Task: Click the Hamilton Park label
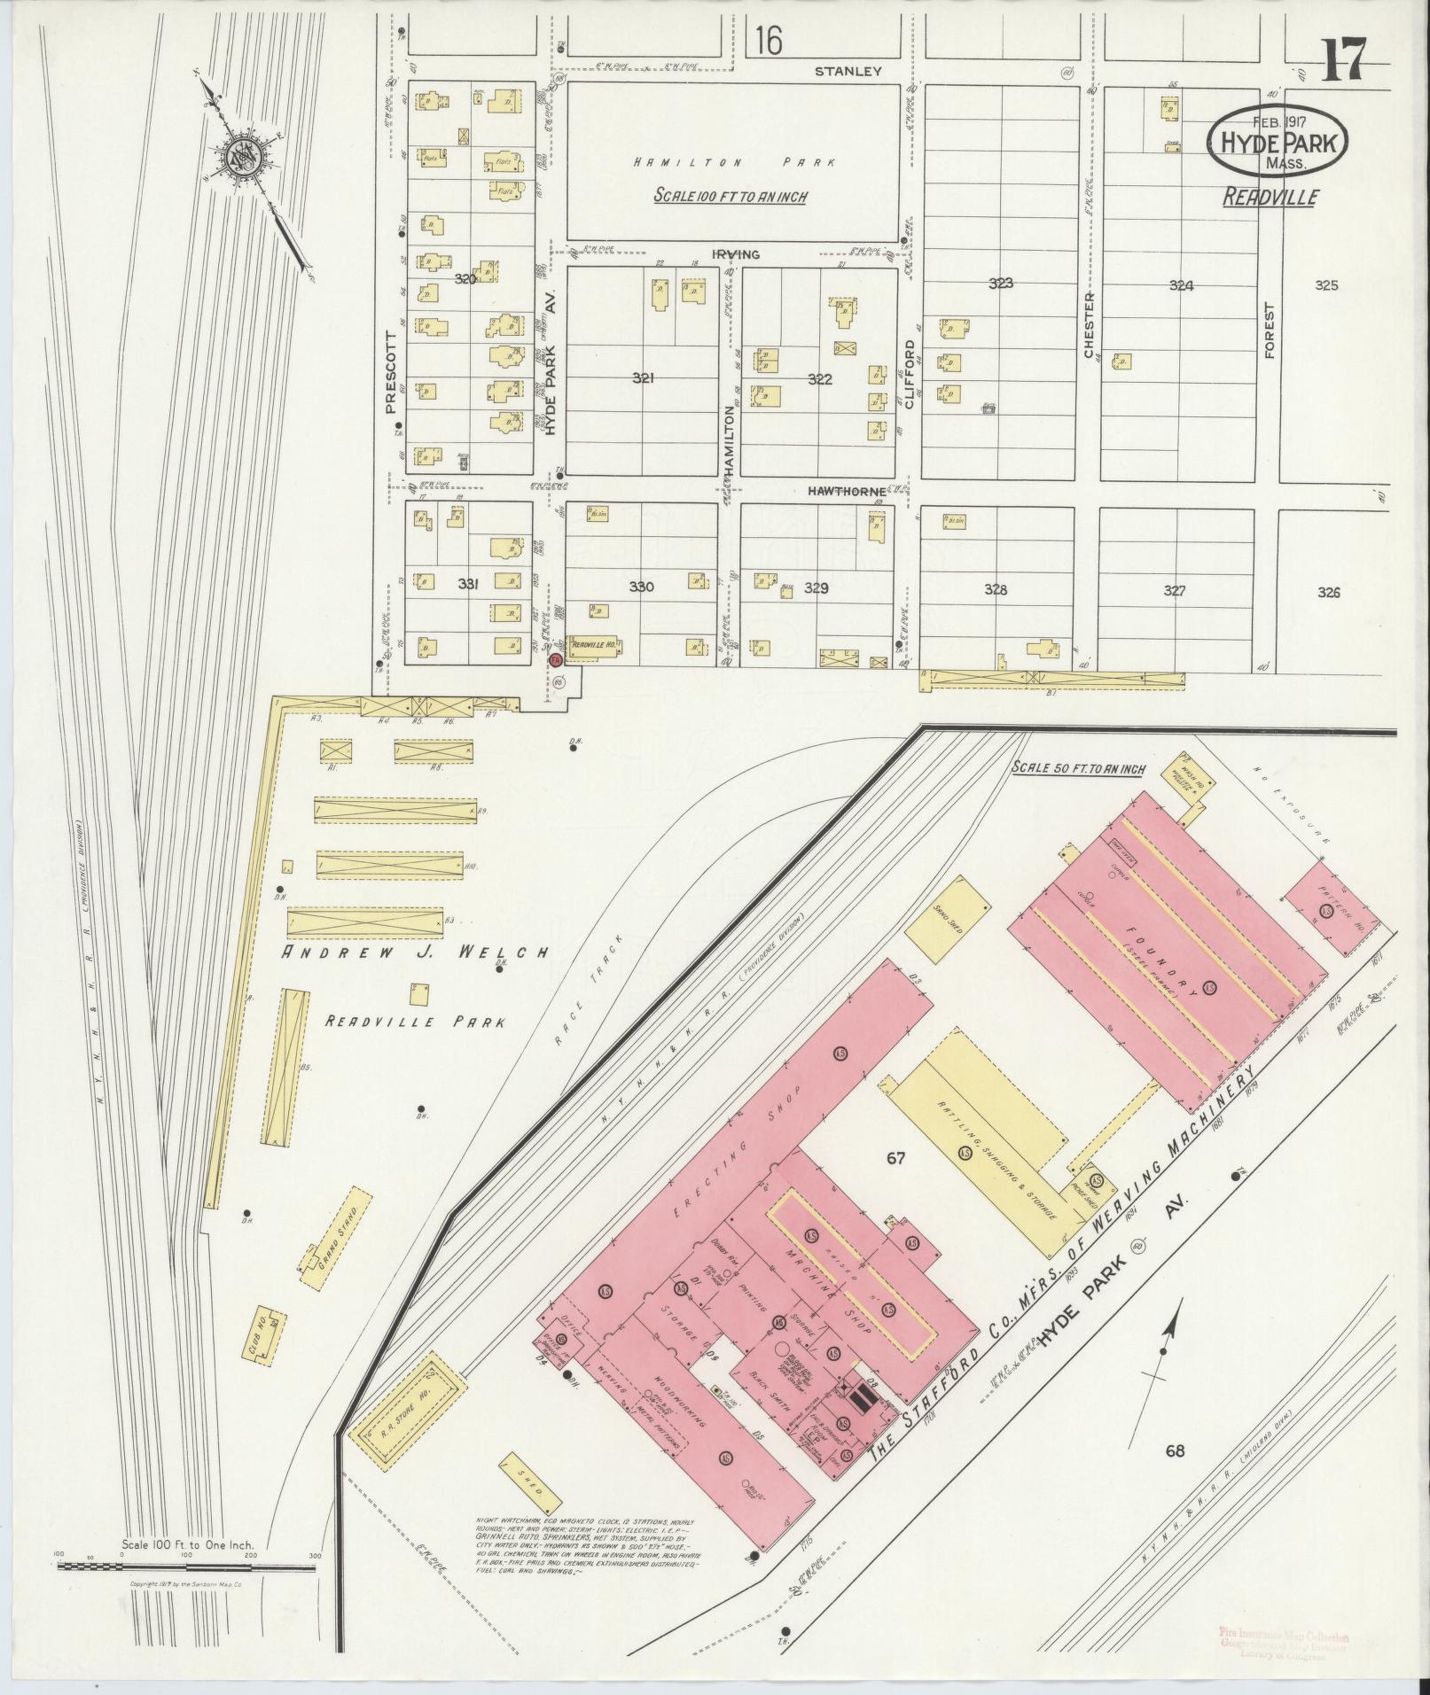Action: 735,162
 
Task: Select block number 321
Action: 644,378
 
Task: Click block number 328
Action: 996,589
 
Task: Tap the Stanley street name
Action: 848,71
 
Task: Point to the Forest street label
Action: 1269,330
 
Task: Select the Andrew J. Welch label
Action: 415,952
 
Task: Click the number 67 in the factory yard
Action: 895,1157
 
